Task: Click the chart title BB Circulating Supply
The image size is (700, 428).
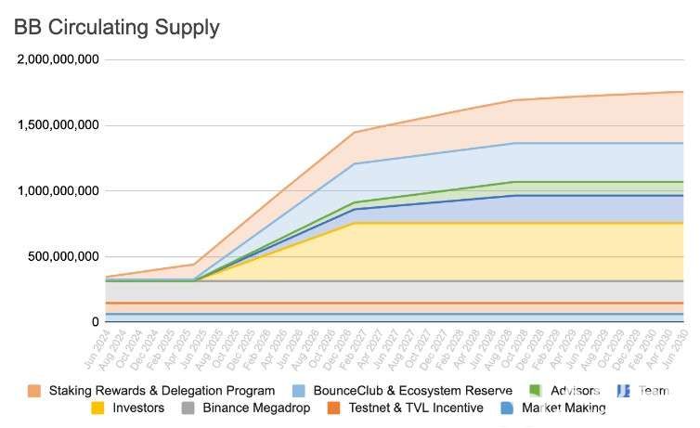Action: point(117,27)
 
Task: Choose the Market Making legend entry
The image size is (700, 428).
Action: point(563,408)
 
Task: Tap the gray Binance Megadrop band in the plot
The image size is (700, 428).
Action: point(371,292)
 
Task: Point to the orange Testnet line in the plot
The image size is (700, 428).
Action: point(371,303)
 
